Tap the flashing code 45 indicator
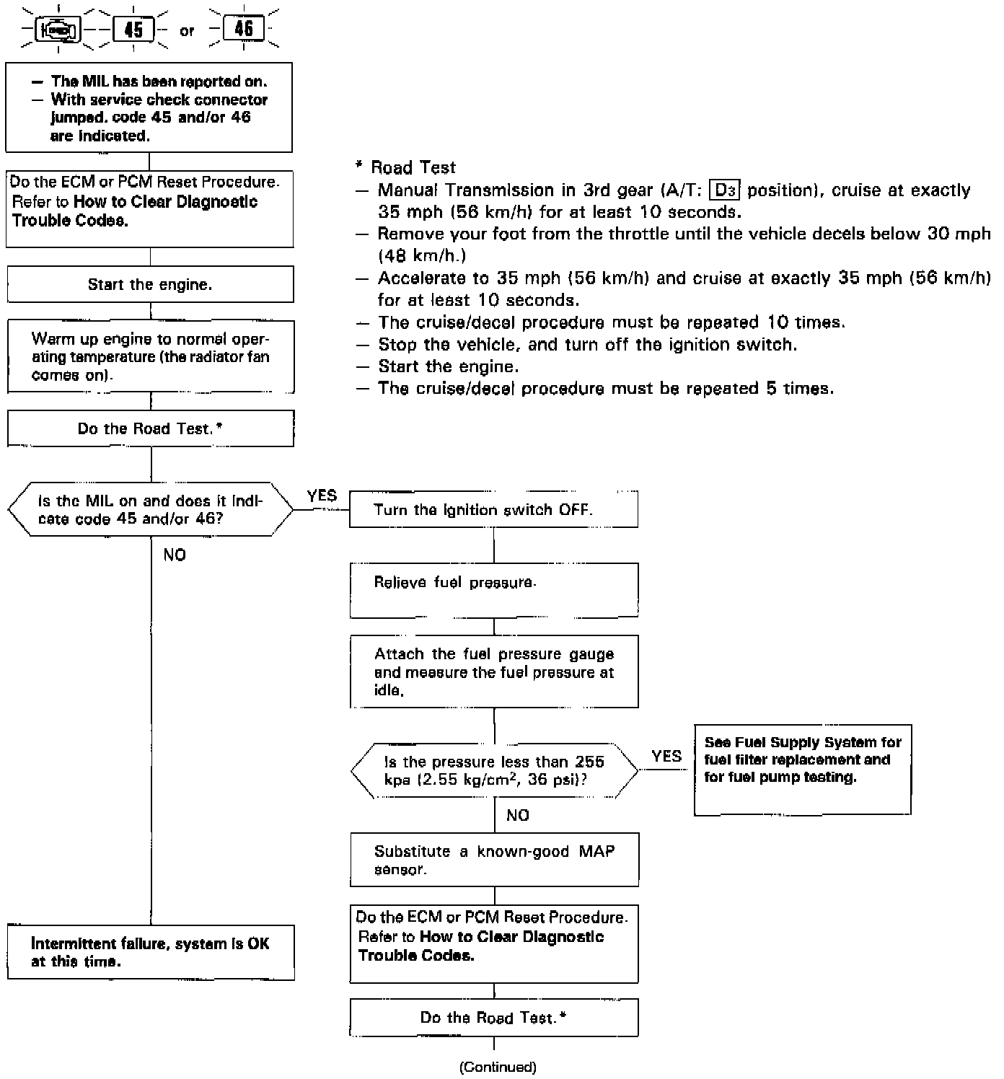pyautogui.click(x=134, y=30)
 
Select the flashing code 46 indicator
pyautogui.click(x=244, y=29)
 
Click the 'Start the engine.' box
pyautogui.click(x=150, y=284)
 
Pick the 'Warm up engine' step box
pyautogui.click(x=150, y=357)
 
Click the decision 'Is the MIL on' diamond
pyautogui.click(x=150, y=510)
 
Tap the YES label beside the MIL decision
pyautogui.click(x=322, y=496)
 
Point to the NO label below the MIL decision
pyautogui.click(x=175, y=555)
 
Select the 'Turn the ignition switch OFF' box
pyautogui.click(x=493, y=510)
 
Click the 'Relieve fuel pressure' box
pyautogui.click(x=493, y=590)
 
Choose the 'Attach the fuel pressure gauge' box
pyautogui.click(x=493, y=671)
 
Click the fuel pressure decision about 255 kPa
pyautogui.click(x=494, y=771)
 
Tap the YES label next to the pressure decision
pyautogui.click(x=666, y=756)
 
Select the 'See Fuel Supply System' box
pyautogui.click(x=802, y=770)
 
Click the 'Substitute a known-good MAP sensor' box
pyautogui.click(x=494, y=860)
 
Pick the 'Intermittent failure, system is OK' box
pyautogui.click(x=150, y=952)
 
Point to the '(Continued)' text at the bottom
pyautogui.click(x=498, y=1067)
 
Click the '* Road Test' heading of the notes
pyautogui.click(x=405, y=167)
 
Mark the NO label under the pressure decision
pyautogui.click(x=518, y=815)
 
